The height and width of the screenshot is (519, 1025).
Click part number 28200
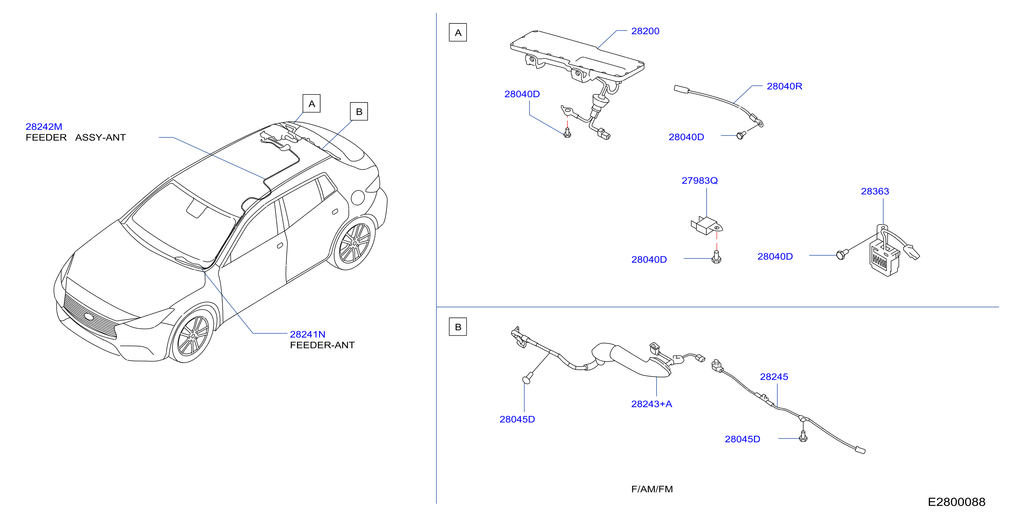tap(645, 31)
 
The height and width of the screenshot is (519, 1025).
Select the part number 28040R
tap(784, 86)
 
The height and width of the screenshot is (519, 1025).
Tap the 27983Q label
tap(700, 180)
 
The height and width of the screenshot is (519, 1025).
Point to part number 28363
tap(875, 191)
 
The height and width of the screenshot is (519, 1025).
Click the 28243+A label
tap(651, 404)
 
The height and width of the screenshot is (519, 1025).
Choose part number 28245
tap(774, 377)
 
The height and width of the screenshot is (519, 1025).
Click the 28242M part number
tap(44, 127)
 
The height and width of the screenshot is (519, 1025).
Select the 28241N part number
tap(307, 334)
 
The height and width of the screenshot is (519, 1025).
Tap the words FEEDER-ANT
tap(322, 345)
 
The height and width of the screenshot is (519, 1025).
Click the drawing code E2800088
tap(956, 502)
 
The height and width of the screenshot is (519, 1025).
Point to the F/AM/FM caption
tap(652, 489)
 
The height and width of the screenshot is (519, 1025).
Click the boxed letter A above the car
tap(312, 104)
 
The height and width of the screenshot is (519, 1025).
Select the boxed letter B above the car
tap(359, 111)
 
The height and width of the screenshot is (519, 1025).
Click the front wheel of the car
tap(192, 336)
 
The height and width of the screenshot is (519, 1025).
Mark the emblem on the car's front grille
tap(89, 317)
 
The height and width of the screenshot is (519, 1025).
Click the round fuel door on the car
tap(358, 197)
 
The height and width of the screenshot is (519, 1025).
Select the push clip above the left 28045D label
tap(528, 378)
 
